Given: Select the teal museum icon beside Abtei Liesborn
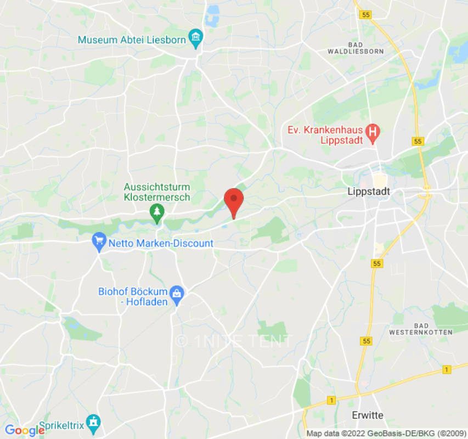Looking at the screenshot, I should click(195, 38).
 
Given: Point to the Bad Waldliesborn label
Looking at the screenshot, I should click(363, 48).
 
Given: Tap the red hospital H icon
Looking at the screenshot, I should click(373, 132).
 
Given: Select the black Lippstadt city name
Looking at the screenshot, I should click(368, 192).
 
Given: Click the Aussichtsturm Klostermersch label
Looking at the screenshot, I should click(157, 192).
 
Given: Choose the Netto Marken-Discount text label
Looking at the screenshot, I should click(161, 243).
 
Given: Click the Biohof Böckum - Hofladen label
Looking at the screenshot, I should click(133, 296).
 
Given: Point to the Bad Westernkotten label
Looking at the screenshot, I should click(420, 329).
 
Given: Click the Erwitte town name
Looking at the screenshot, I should click(367, 415).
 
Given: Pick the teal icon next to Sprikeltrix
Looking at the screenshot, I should click(93, 421).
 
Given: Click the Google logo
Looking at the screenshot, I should click(24, 431).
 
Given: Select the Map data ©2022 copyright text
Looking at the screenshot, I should click(386, 433).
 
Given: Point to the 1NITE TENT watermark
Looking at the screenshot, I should click(234, 341).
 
